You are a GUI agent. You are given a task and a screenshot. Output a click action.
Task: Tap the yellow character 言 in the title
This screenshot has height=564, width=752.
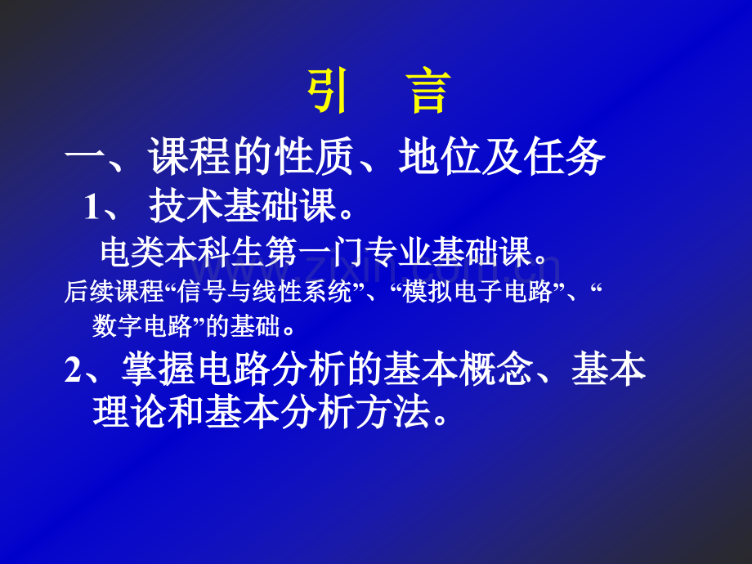427,93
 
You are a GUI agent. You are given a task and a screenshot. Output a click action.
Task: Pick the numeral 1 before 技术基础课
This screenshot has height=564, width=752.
92,208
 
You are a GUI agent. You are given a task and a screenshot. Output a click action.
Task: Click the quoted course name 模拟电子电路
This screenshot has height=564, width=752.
477,293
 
